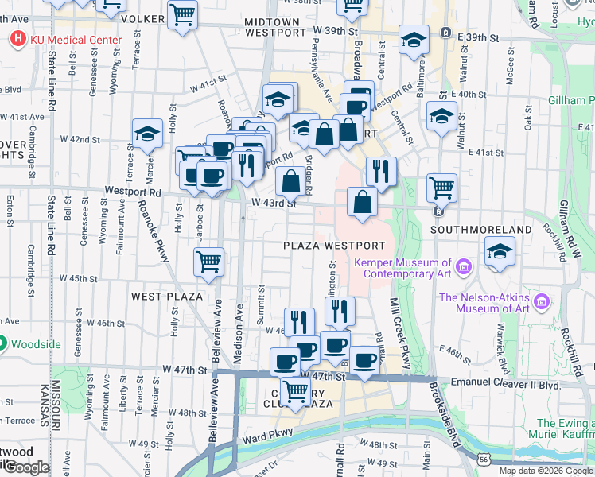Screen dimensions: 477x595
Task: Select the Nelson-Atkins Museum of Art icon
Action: point(543,301)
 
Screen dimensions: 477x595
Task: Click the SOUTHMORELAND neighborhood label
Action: point(480,230)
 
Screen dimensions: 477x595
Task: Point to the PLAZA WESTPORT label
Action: point(334,246)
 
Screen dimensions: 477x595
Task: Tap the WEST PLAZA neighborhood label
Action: point(165,297)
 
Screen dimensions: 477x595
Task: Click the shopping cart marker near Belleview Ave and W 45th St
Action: point(209,261)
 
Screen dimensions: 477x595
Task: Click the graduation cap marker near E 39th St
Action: point(414,39)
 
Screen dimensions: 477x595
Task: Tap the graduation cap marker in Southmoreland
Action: point(499,253)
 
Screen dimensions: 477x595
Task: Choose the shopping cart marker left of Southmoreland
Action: point(441,188)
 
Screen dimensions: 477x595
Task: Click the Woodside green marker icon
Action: point(2,344)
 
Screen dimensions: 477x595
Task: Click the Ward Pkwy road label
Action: point(259,438)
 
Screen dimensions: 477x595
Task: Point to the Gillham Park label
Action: point(570,102)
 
